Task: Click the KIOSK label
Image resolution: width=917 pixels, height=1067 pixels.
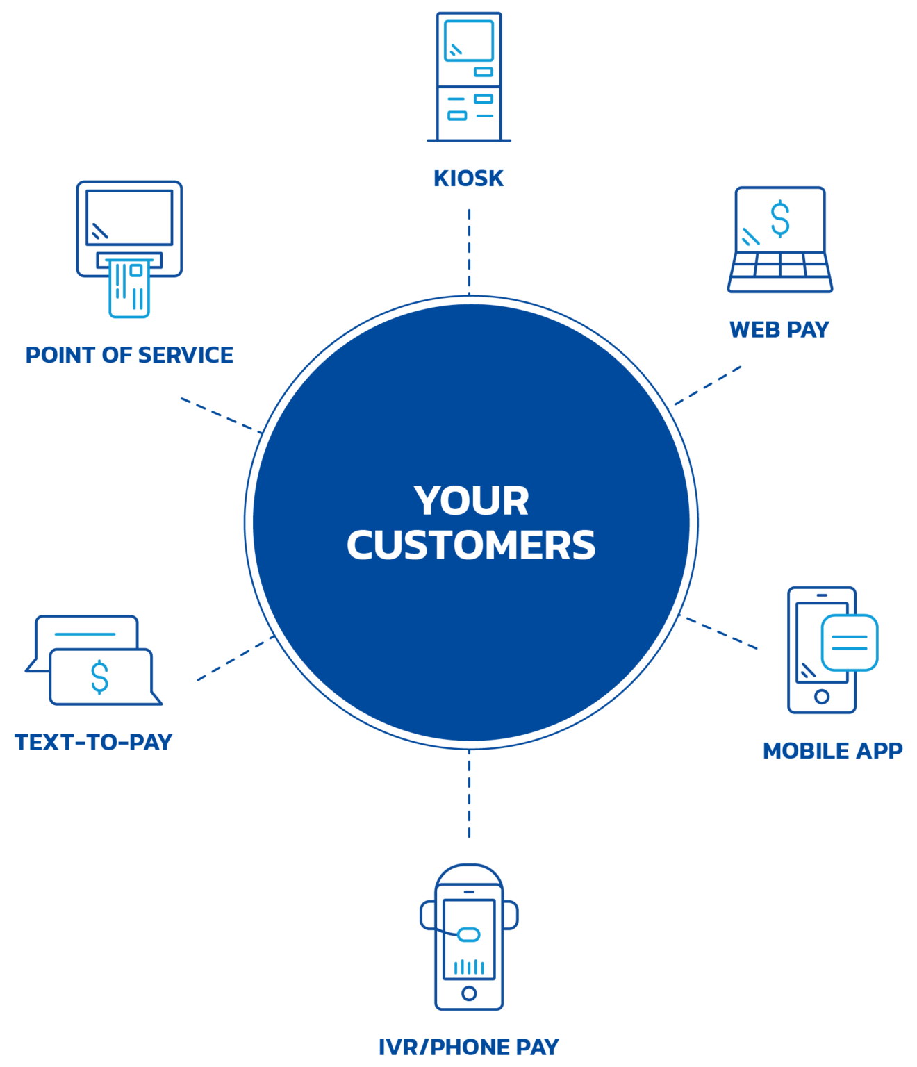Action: pyautogui.click(x=469, y=179)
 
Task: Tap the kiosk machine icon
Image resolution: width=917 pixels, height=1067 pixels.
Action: pyautogui.click(x=469, y=76)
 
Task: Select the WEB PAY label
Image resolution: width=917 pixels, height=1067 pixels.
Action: pyautogui.click(x=779, y=329)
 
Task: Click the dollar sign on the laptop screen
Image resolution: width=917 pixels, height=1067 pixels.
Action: pyautogui.click(x=781, y=218)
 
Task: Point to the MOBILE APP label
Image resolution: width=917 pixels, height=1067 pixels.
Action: pyautogui.click(x=833, y=751)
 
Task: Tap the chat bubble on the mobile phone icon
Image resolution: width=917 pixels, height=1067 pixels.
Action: pyautogui.click(x=849, y=643)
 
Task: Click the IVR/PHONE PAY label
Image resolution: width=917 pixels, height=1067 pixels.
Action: pyautogui.click(x=469, y=1047)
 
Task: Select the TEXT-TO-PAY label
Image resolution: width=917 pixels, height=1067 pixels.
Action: pyautogui.click(x=94, y=742)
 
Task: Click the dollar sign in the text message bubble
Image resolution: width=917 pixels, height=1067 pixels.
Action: pyautogui.click(x=100, y=677)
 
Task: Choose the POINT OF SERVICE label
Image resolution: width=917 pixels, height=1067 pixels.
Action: pyautogui.click(x=129, y=355)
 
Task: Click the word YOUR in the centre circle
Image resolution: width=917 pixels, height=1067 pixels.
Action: pyautogui.click(x=472, y=501)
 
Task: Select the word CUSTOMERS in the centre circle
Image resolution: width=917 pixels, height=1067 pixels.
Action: pyautogui.click(x=471, y=545)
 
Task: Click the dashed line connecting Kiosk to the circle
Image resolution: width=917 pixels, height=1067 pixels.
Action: pyautogui.click(x=469, y=250)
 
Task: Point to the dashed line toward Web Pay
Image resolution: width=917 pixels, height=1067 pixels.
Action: pyautogui.click(x=707, y=385)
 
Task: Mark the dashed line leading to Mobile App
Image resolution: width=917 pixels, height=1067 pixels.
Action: pyautogui.click(x=722, y=633)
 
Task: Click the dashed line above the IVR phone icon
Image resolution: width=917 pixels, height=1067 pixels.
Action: pyautogui.click(x=469, y=795)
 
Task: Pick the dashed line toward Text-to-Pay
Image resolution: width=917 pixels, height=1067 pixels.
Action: pyautogui.click(x=233, y=660)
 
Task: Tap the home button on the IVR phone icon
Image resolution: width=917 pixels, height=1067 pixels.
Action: pyautogui.click(x=469, y=993)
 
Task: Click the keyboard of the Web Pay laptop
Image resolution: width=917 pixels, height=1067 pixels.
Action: pyautogui.click(x=780, y=272)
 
